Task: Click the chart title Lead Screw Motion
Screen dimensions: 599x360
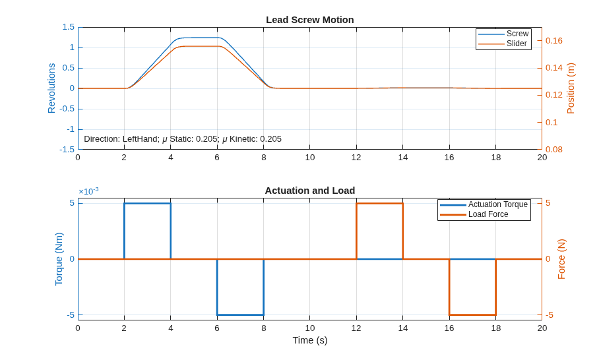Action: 310,20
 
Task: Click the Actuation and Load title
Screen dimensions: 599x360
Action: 310,191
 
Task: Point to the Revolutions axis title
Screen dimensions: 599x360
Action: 51,88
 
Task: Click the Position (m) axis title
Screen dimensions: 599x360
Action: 571,88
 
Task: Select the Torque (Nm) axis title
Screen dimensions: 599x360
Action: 59,259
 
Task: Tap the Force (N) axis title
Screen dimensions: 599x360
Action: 561,259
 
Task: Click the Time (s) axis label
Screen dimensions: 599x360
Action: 310,340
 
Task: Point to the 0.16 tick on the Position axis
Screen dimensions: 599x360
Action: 554,41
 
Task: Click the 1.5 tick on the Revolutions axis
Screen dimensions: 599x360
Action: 69,27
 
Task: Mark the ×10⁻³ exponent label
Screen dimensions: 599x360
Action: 88,191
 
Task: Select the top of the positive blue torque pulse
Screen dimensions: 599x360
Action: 148,204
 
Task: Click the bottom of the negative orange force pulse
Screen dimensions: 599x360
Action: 472,315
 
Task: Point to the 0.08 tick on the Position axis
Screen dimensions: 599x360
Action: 554,149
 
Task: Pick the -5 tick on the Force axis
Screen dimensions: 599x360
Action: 550,315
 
